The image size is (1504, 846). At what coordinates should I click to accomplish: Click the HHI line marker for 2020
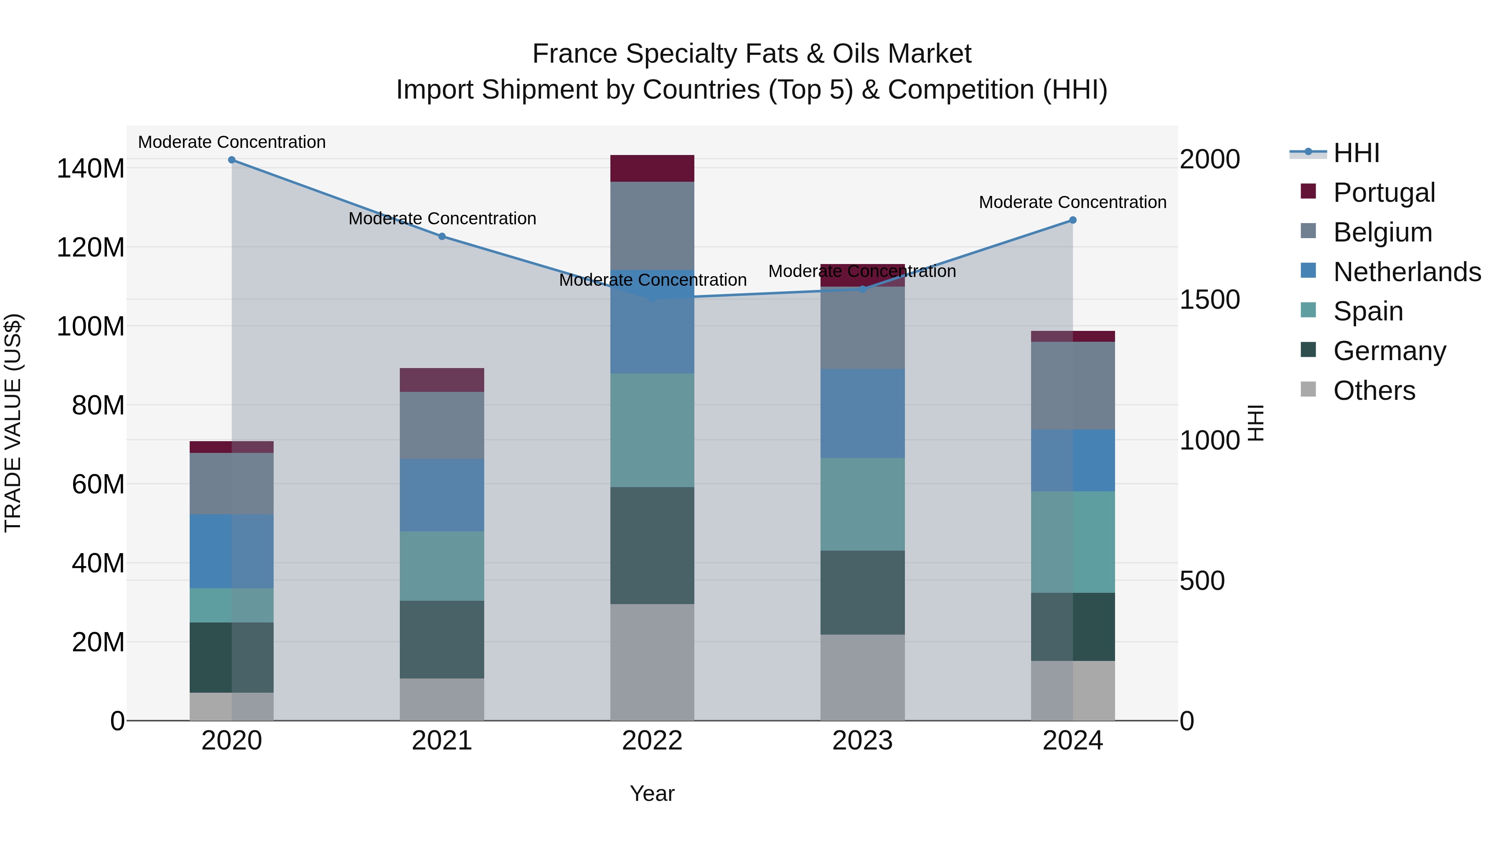click(232, 160)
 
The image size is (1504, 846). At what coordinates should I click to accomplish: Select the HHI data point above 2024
click(1072, 220)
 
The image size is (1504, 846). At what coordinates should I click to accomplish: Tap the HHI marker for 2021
click(442, 236)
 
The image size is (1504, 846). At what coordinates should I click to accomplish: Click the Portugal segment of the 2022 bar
click(652, 168)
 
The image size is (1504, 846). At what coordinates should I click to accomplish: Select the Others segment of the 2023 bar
click(862, 677)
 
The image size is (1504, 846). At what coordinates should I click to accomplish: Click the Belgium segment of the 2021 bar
click(442, 425)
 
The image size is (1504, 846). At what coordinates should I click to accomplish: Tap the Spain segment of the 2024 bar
click(1072, 542)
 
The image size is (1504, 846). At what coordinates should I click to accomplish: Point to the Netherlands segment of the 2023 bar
click(862, 413)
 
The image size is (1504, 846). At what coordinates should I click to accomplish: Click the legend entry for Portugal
click(1384, 193)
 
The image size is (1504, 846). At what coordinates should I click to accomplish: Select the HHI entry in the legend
click(1356, 153)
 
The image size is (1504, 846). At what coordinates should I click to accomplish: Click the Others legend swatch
click(1308, 389)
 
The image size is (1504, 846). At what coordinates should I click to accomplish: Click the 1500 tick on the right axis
click(1209, 300)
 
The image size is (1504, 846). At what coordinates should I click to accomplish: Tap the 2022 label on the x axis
click(652, 741)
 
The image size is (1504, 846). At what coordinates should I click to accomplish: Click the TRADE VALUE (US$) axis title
click(13, 423)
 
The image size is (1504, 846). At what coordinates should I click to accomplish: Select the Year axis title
click(652, 793)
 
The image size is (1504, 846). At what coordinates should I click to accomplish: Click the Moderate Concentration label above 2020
click(232, 142)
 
